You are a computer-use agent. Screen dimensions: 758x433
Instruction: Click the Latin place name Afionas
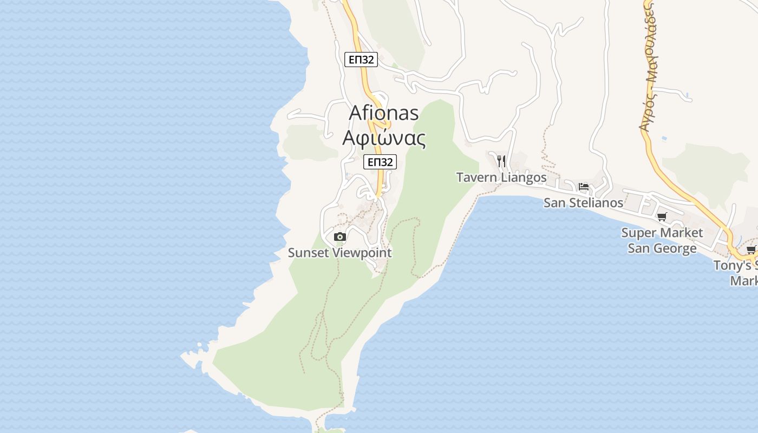point(384,113)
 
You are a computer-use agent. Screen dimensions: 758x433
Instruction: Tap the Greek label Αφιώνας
point(384,138)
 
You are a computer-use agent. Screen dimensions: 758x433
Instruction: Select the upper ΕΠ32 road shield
point(361,60)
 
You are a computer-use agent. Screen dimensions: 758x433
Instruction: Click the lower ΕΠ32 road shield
point(380,162)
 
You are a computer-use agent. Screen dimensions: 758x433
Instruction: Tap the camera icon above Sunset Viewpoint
point(340,237)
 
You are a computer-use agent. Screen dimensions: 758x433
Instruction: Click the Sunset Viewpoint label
point(339,253)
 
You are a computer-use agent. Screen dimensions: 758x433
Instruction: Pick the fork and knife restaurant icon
point(501,161)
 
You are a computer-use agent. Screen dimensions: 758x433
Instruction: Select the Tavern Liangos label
point(501,178)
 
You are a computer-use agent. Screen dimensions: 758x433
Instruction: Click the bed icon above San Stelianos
point(584,187)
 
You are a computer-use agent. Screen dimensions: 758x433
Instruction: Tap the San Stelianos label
point(584,203)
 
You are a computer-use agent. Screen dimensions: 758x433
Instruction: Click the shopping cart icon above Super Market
point(662,217)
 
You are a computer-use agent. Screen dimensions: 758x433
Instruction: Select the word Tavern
point(476,178)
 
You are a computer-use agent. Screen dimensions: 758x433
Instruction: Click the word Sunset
point(308,253)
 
